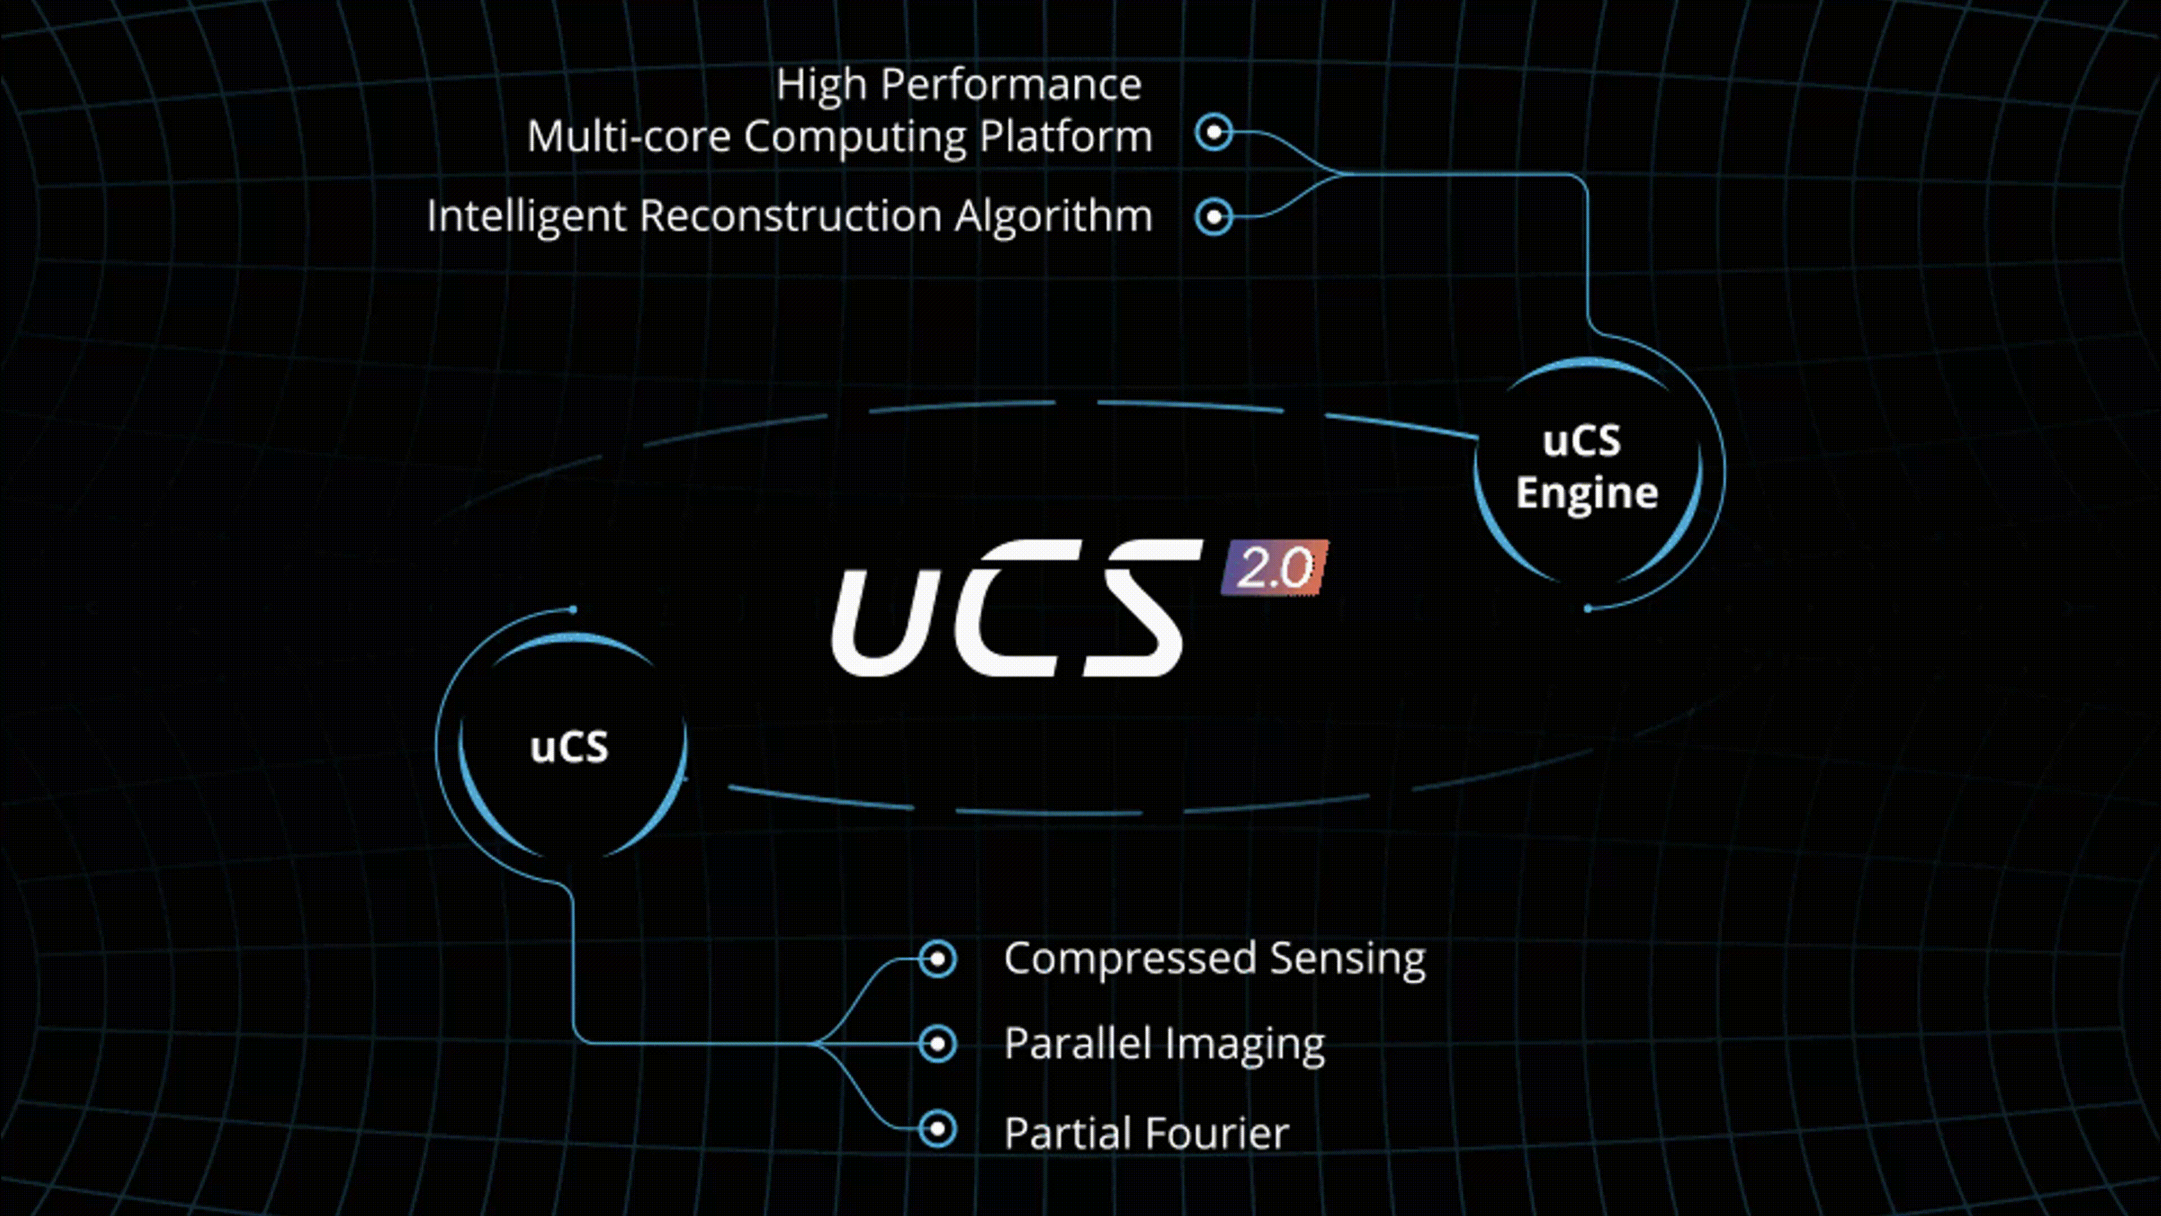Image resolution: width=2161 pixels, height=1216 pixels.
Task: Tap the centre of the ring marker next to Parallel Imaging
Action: [x=937, y=1044]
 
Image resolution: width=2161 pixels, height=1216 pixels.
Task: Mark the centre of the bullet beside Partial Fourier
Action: [x=937, y=1129]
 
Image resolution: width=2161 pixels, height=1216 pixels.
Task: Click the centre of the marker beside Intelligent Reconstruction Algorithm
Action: [x=1214, y=217]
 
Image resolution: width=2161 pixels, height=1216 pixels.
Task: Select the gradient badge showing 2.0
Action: [x=1274, y=568]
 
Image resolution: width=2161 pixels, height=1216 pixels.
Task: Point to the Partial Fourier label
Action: [x=1146, y=1133]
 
